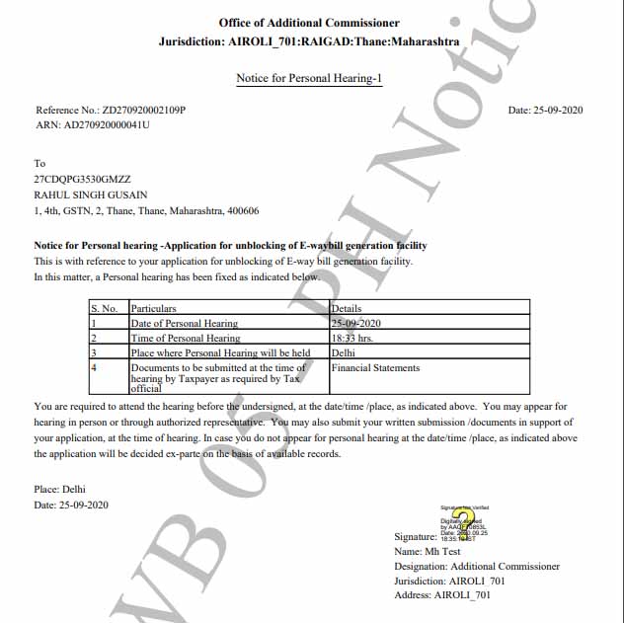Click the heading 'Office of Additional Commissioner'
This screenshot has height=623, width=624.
(x=309, y=23)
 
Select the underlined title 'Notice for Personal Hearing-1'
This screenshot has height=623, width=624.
(x=309, y=78)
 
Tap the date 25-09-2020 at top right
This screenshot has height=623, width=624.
(x=561, y=111)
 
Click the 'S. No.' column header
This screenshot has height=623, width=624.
(x=105, y=309)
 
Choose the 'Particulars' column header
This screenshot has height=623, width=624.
(x=154, y=309)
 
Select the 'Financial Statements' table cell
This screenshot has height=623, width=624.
(x=376, y=368)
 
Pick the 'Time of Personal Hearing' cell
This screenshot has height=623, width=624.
(x=186, y=338)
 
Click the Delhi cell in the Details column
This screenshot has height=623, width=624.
(x=344, y=352)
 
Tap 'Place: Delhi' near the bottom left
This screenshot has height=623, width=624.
(x=60, y=490)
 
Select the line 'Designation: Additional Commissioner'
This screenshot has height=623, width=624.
(x=477, y=567)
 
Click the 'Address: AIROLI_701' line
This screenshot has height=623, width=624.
(x=442, y=595)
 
